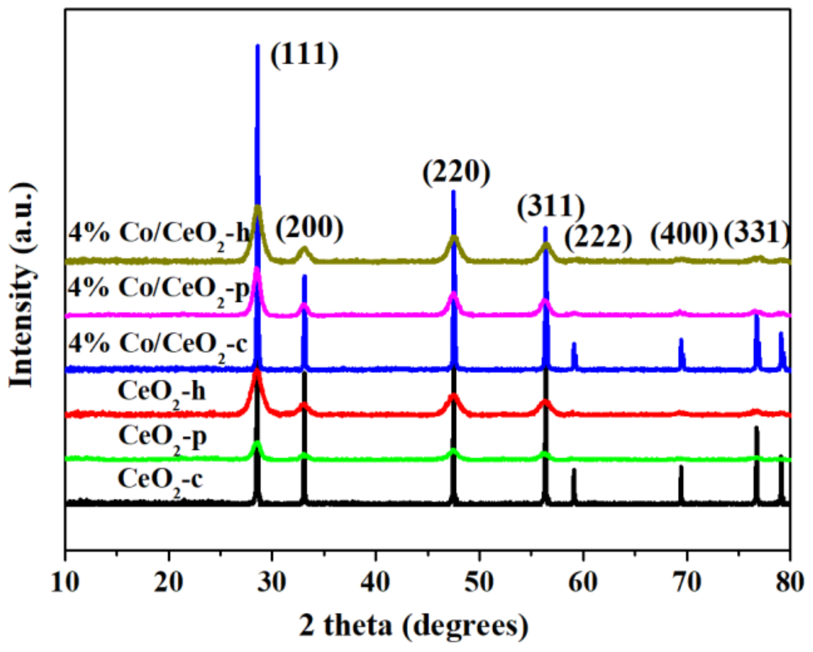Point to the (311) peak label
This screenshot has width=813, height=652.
coord(551,206)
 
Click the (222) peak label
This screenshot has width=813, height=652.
coord(598,237)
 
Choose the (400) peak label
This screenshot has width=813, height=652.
coord(684,234)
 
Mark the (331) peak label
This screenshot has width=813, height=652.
coord(757,232)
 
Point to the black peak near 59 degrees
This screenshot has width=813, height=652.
coord(574,470)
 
